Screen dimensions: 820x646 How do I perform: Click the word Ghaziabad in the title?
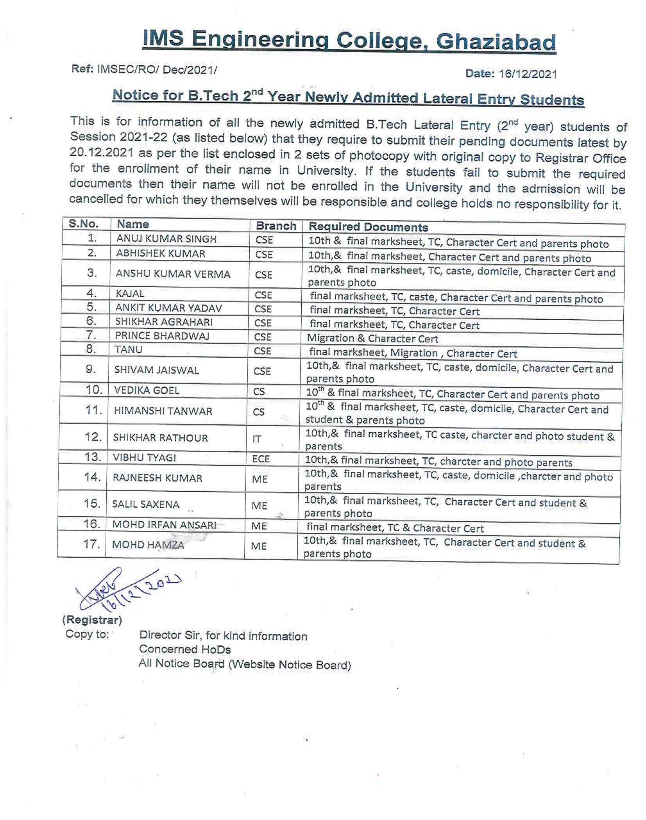point(496,42)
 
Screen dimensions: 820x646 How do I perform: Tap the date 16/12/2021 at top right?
point(528,74)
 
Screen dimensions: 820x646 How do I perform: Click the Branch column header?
point(276,226)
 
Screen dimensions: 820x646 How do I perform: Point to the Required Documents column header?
point(368,227)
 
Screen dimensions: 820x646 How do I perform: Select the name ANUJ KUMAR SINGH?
point(166,239)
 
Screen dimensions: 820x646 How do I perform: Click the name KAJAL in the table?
point(130,293)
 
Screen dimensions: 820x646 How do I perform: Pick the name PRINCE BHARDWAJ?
point(162,336)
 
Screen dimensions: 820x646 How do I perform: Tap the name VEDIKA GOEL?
point(147,390)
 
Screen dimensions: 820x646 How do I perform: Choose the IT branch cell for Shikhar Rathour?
point(256,439)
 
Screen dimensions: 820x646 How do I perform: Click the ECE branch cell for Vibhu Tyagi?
point(261,459)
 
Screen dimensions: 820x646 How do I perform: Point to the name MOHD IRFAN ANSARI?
point(164,525)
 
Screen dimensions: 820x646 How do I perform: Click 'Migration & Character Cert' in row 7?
point(372,339)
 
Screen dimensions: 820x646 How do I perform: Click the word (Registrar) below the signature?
point(92,620)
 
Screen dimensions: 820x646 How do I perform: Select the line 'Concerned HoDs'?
point(184,649)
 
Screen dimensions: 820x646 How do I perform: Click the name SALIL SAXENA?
point(145,504)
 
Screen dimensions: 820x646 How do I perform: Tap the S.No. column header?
point(83,224)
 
